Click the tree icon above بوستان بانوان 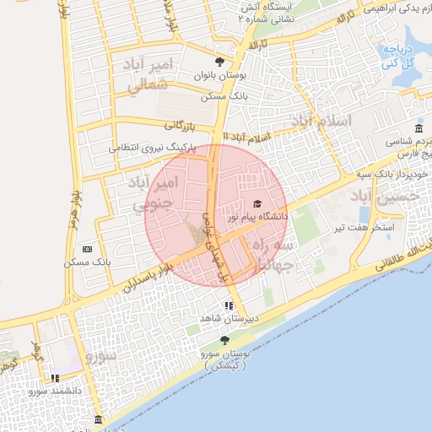(220, 62)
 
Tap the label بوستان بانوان (221, 76)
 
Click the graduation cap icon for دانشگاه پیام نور (257, 203)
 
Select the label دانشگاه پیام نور (256, 217)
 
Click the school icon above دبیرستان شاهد (228, 305)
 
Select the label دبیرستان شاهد (222, 318)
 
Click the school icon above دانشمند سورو (55, 378)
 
